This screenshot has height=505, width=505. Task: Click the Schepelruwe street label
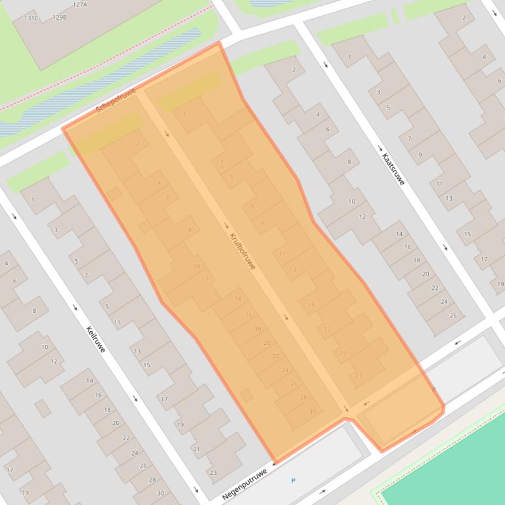tap(116, 100)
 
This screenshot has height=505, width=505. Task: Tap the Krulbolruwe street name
tap(242, 251)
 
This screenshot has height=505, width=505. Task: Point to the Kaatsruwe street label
tap(393, 165)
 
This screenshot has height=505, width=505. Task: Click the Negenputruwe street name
tap(244, 483)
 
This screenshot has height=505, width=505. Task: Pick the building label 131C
tap(32, 18)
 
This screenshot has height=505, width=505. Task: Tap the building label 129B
tap(60, 17)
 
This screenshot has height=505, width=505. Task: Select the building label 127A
tap(79, 4)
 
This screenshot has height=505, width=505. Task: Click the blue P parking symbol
tap(293, 481)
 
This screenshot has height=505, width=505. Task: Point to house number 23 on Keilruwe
tap(213, 472)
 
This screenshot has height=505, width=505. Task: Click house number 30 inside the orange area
tap(313, 412)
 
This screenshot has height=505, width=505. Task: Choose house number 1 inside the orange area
tap(184, 115)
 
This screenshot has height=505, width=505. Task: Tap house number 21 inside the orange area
tap(358, 376)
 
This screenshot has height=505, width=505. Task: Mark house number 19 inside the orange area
tap(343, 353)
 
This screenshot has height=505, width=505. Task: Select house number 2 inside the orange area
tap(138, 142)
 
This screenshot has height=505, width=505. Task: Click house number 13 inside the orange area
tap(293, 269)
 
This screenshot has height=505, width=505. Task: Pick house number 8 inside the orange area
tap(190, 230)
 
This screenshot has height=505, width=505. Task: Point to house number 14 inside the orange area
tap(238, 299)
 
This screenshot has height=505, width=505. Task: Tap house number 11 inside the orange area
tap(282, 253)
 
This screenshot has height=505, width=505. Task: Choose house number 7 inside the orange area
tap(252, 208)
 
